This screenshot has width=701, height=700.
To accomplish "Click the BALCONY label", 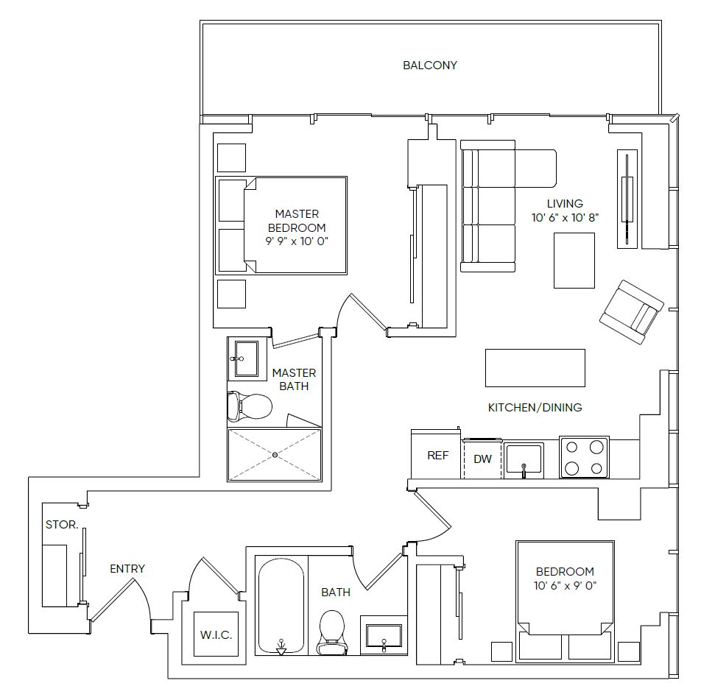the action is [x=429, y=66].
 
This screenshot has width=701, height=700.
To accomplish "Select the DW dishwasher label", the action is [x=483, y=459].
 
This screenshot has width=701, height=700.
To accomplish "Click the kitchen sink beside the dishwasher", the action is [x=524, y=460].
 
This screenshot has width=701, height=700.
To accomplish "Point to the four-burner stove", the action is [x=585, y=457].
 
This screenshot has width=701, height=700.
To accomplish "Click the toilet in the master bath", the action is [x=250, y=406].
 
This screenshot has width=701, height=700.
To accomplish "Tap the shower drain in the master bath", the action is [x=275, y=455].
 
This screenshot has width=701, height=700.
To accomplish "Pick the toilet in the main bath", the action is [x=331, y=632].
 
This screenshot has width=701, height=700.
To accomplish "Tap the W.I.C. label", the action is [x=216, y=634].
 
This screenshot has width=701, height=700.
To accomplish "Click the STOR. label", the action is [x=62, y=524].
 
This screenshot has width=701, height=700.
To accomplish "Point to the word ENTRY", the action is [x=127, y=568].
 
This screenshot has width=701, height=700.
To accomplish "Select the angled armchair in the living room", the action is [x=632, y=311].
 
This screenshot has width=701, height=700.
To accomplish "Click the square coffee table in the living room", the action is [x=574, y=260].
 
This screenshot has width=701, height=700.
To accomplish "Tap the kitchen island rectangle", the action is [x=535, y=368].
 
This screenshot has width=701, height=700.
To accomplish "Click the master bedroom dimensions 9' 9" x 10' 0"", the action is [x=297, y=241].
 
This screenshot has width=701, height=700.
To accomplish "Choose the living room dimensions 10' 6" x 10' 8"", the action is [x=565, y=218].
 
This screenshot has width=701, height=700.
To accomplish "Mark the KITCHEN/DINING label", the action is [x=535, y=407].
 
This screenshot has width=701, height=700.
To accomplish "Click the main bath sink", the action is [x=384, y=635].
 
